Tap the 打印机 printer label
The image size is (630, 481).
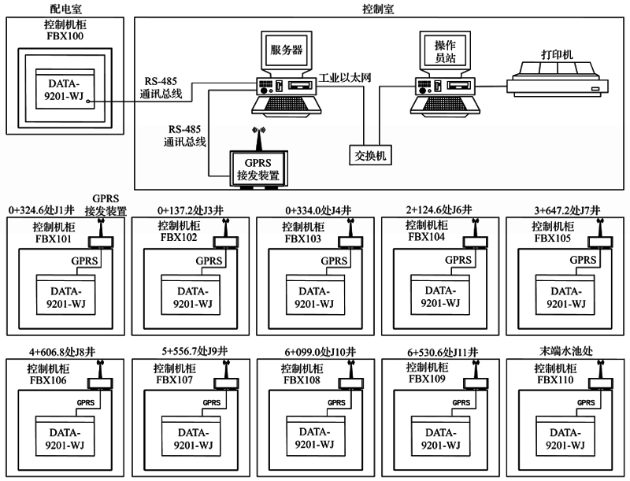(x=557, y=54)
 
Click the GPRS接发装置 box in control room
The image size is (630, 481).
(x=259, y=168)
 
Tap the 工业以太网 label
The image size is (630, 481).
(x=344, y=78)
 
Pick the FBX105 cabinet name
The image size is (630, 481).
(x=550, y=237)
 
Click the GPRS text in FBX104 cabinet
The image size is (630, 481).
(x=456, y=261)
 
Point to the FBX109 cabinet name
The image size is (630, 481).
(x=426, y=379)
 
